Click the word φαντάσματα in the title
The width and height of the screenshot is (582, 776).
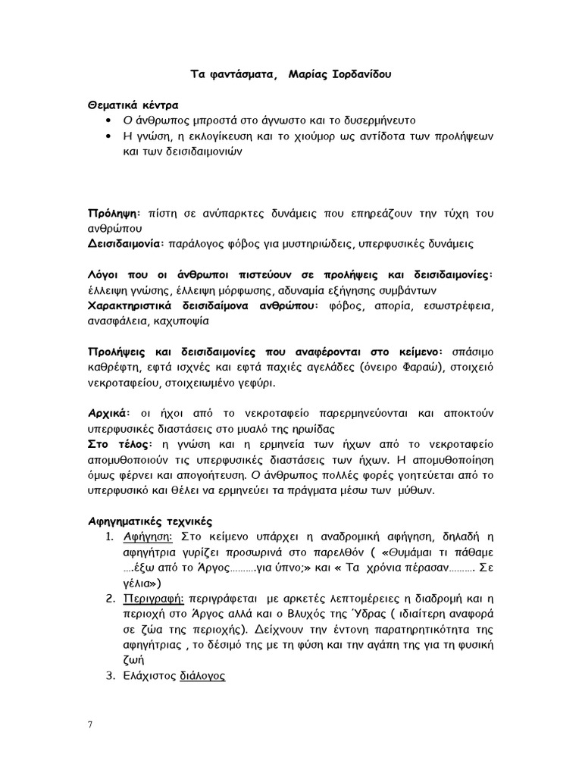(240, 75)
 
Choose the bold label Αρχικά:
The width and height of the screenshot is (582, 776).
(110, 414)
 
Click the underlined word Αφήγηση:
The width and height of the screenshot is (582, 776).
(149, 537)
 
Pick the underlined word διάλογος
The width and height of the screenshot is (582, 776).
(202, 676)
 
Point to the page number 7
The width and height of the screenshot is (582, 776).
(90, 724)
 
